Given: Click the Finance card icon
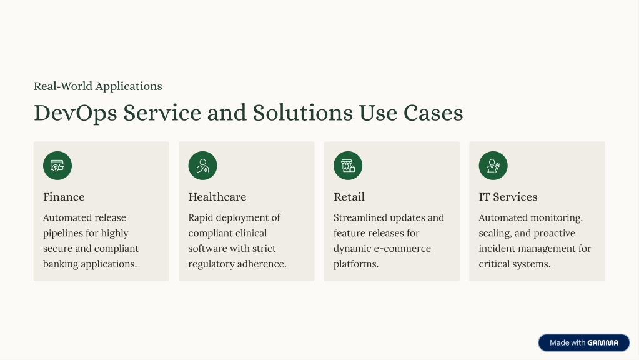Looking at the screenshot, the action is pos(57,166).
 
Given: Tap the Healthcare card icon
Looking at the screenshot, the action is pos(202,166).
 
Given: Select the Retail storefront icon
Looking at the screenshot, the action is pos(348,166).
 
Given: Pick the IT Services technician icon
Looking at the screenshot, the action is pos(493,166).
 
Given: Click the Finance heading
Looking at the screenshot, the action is pos(64,197).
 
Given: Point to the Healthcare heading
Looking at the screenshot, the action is pos(217,197).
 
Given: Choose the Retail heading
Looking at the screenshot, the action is pos(349,197).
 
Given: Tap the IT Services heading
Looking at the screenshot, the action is pos(508,197).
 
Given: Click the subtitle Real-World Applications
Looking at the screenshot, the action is pos(98,86).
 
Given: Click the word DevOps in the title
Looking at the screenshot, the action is pos(76,113).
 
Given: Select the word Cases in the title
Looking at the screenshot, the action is pos(433,113).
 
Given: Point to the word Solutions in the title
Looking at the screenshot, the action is pos(302,113).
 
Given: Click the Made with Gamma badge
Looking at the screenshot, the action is pos(584,343).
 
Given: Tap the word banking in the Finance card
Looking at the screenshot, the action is pos(61,264).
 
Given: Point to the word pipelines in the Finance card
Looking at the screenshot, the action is pos(62,233).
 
